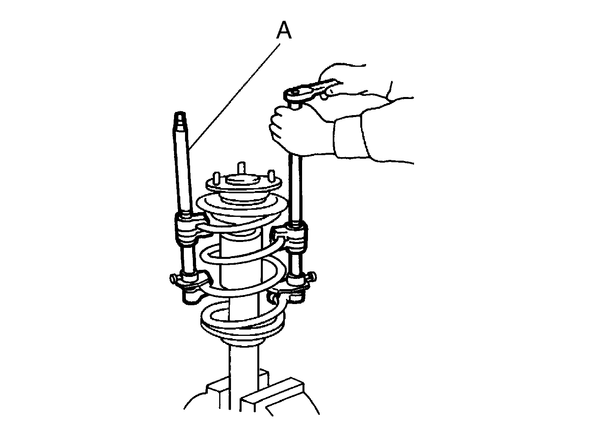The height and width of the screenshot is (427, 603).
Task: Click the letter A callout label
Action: pos(284,30)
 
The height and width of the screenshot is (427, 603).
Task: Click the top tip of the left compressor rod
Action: pos(180,113)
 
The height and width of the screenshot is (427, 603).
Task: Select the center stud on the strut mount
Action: pos(242,168)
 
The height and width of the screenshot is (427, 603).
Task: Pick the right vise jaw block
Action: pos(272,396)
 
